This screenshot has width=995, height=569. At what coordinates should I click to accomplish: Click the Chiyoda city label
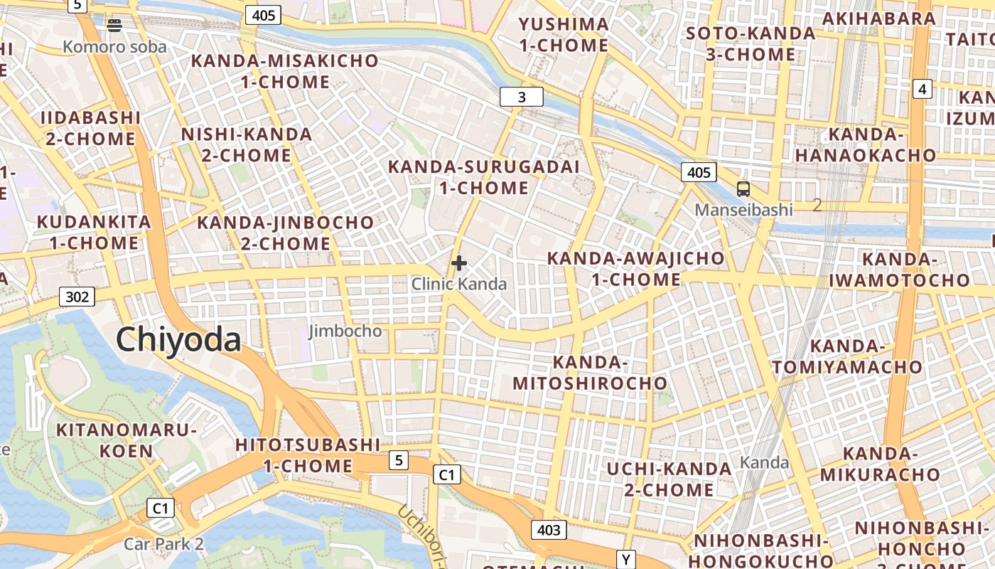[178, 340]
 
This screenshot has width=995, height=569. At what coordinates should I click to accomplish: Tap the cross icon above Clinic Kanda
[459, 263]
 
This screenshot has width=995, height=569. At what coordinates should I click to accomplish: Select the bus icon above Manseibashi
[743, 189]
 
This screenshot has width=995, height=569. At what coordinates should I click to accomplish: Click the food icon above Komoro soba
[114, 26]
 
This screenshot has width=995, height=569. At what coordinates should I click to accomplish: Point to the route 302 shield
[77, 296]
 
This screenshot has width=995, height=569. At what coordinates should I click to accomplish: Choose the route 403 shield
[549, 530]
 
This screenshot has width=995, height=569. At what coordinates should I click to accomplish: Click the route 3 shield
[522, 97]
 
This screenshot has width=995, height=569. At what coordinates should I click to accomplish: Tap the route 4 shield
[922, 89]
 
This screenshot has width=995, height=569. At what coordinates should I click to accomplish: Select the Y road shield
[625, 560]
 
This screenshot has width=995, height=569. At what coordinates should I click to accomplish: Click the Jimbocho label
[345, 331]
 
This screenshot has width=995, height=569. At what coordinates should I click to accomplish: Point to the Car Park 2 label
[163, 544]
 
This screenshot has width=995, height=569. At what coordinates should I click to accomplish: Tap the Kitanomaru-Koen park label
[126, 440]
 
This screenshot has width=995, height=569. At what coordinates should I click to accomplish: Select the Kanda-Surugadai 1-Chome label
[484, 177]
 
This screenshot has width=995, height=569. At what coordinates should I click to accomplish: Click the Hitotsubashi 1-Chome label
[308, 455]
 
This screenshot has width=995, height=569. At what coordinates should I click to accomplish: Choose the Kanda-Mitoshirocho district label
[590, 373]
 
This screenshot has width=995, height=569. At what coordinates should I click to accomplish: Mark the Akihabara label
[879, 19]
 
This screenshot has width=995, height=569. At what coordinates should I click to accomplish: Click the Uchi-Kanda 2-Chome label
[669, 479]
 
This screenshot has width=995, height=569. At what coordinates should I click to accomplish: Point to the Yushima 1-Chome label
[564, 35]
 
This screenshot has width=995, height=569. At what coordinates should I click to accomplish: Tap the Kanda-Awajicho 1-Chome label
[636, 268]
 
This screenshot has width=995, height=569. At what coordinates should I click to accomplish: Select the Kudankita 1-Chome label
[94, 232]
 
